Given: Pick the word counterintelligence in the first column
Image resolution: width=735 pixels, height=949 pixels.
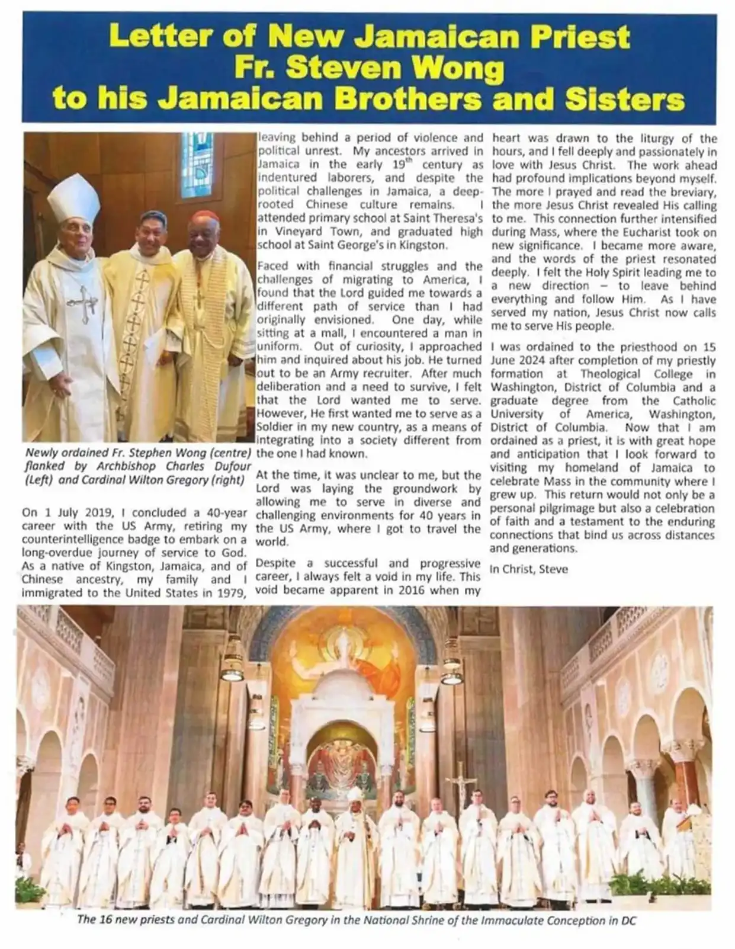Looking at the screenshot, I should coord(75,539).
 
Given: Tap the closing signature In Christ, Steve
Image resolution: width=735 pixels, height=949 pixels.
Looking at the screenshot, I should coord(529,569).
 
